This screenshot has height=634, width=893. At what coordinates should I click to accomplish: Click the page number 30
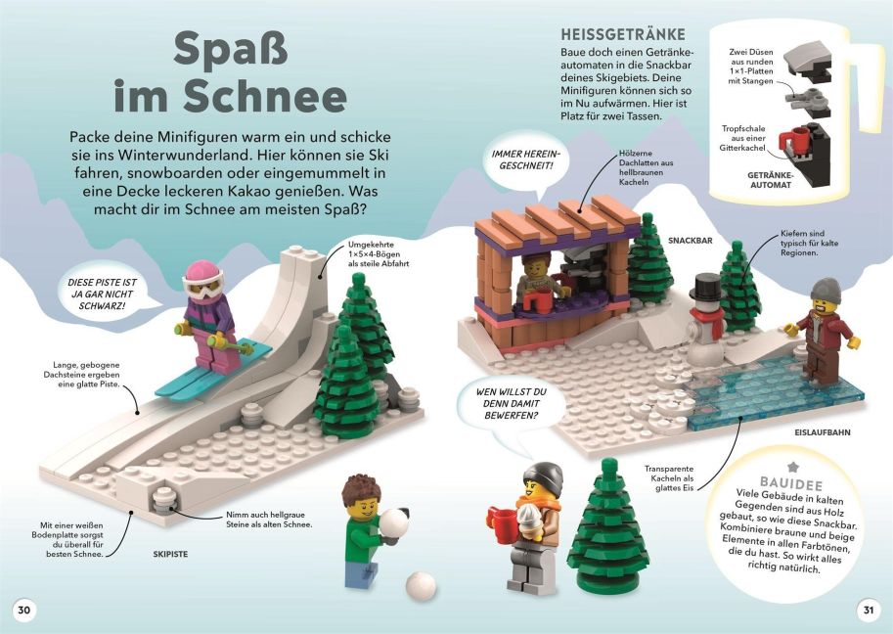click(x=23, y=611)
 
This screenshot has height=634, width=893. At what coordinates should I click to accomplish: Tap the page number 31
click(x=868, y=611)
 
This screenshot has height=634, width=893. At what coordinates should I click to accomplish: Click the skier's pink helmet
click(x=202, y=273)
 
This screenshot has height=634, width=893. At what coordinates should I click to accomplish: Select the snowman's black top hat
click(x=706, y=287)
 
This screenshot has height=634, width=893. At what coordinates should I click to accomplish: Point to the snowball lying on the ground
click(x=421, y=586)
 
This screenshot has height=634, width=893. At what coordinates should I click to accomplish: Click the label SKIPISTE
click(x=170, y=554)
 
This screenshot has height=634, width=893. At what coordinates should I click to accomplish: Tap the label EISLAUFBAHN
click(x=823, y=432)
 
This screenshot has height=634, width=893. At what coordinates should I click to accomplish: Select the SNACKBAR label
click(x=691, y=241)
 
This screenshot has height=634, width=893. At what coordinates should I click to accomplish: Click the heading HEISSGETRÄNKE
click(x=623, y=34)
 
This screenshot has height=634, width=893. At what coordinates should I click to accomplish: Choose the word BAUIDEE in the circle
click(x=791, y=484)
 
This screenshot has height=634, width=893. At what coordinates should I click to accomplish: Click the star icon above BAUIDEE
click(x=793, y=467)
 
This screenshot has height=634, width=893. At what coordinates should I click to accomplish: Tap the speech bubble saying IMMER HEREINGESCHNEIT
click(x=526, y=161)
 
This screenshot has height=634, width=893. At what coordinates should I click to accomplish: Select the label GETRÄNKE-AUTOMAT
click(x=771, y=180)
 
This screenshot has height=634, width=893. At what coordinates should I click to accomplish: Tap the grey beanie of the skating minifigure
click(x=826, y=291)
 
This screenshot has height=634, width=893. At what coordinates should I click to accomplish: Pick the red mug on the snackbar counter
click(x=538, y=300)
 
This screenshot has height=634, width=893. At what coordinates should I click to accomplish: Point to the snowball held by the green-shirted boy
click(x=393, y=522)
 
